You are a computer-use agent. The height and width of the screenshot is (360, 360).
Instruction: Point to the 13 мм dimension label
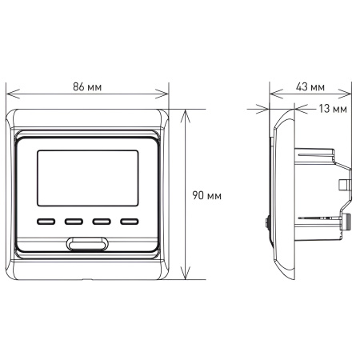[x=332, y=107]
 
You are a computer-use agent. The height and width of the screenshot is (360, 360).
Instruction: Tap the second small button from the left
[x=74, y=223]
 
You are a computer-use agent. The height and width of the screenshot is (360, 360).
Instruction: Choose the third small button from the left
[x=102, y=223]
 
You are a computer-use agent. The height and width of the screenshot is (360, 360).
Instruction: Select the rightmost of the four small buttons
[x=129, y=223]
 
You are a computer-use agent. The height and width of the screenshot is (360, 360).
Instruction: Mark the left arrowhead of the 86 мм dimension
[x=10, y=94]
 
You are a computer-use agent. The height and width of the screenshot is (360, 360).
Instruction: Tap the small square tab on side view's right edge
[x=346, y=185]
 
